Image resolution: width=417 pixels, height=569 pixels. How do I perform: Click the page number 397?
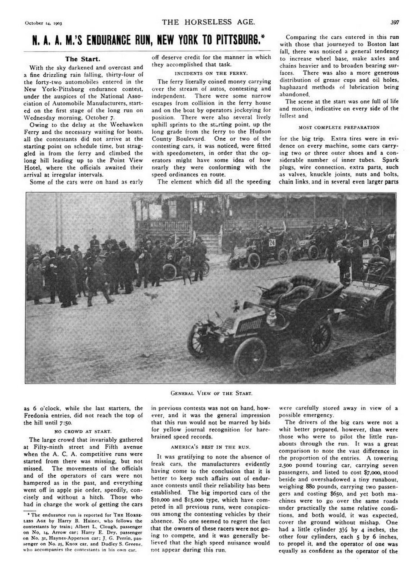coord(393,22)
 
